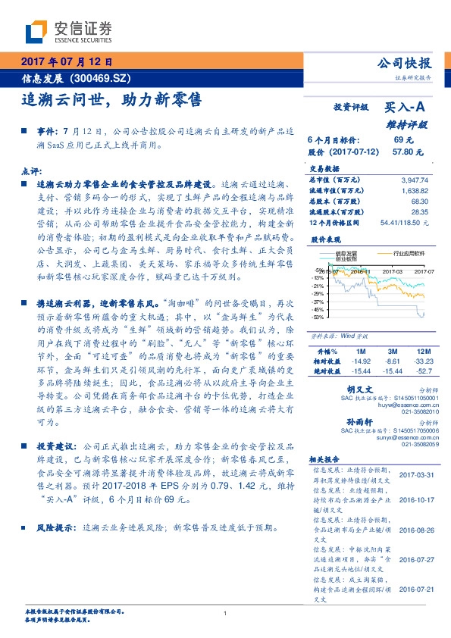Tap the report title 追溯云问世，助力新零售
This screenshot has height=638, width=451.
111,99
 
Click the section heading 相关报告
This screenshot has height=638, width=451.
328,460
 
